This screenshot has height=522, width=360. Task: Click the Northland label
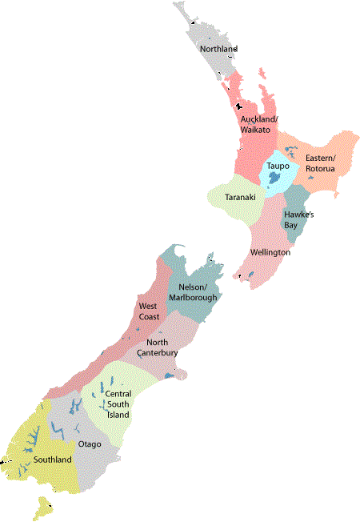(x=218, y=50)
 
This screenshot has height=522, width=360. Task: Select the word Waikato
(x=258, y=130)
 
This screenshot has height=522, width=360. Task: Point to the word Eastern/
(x=322, y=158)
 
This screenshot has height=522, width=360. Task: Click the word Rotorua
(x=322, y=168)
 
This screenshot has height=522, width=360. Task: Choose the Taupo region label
(x=278, y=166)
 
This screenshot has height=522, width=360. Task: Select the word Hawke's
(x=298, y=215)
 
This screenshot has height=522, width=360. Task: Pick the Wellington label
(x=270, y=252)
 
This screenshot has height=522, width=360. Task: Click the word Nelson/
(x=193, y=287)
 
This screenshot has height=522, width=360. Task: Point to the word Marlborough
(x=192, y=298)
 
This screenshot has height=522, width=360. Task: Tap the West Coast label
(x=149, y=311)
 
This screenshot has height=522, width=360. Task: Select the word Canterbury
(x=157, y=351)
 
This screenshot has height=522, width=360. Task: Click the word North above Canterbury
(x=158, y=341)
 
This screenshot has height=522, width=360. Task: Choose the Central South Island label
(x=118, y=404)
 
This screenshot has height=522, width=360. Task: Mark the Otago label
(x=89, y=444)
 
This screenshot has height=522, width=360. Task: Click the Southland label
(x=52, y=460)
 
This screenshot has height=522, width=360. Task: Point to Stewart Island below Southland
(x=42, y=507)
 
